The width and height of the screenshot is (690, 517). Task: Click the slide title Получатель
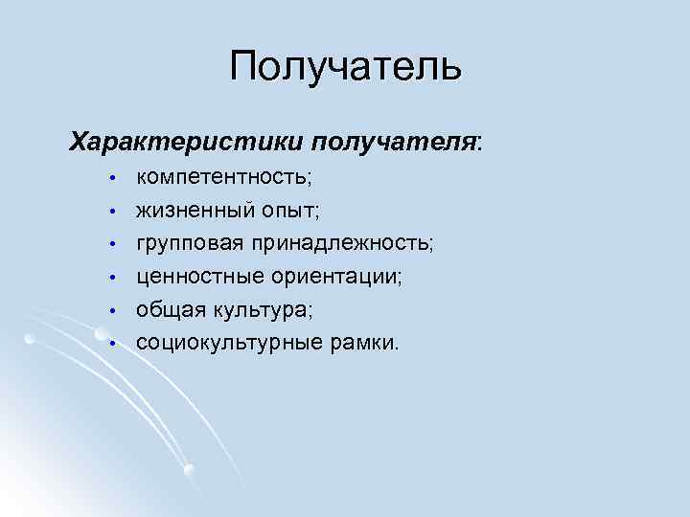[x=345, y=67]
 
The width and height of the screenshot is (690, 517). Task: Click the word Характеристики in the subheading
[x=184, y=142]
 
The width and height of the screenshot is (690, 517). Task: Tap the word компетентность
[x=221, y=178]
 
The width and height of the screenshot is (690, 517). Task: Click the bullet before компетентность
[x=112, y=179]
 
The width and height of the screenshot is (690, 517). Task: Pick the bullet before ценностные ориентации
[x=112, y=278]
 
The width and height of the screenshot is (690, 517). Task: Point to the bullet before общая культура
[x=112, y=310]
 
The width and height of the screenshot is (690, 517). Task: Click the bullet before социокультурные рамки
[x=112, y=343]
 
